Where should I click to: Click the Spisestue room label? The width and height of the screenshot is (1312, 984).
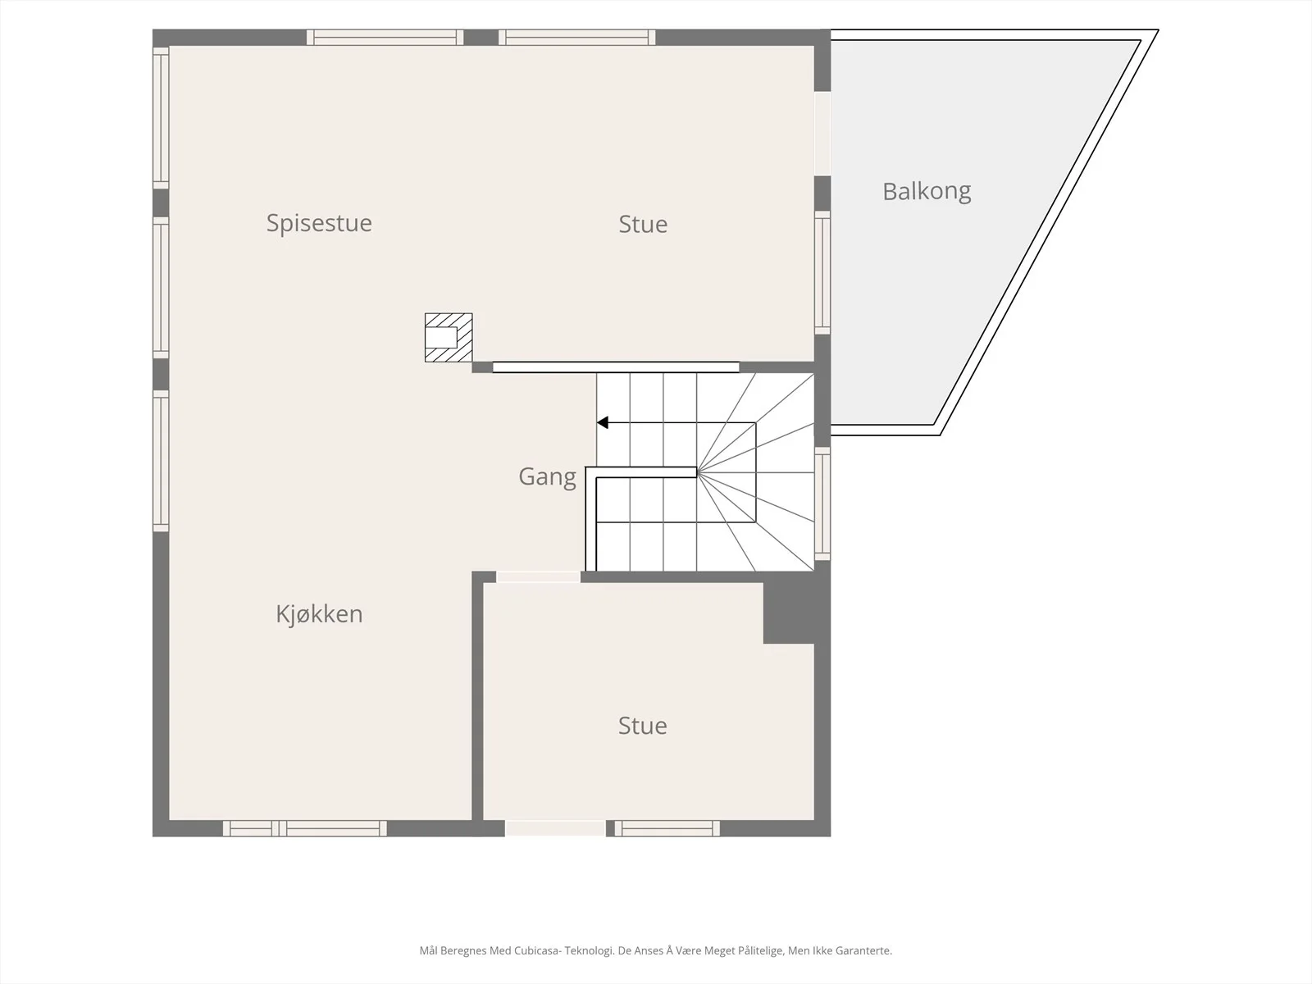pos(319,223)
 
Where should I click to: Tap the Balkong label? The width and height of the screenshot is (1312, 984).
pos(927,192)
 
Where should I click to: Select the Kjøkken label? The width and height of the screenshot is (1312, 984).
pos(319,614)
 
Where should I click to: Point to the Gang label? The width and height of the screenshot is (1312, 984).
pos(547,477)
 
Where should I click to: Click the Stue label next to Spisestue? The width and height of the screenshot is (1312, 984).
pos(643,224)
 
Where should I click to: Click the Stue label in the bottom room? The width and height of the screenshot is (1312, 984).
pos(642,726)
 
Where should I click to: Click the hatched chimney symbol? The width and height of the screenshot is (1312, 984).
pos(449,338)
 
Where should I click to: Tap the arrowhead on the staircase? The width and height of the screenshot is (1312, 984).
pos(603,423)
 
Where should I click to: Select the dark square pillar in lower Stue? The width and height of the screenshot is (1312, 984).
pos(789,613)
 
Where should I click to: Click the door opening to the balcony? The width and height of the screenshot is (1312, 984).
pos(822,133)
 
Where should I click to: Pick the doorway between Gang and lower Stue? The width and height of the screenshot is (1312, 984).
pos(538,576)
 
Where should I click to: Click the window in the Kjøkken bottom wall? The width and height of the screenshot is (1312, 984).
pos(305,828)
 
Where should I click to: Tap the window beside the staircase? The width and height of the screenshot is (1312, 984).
pos(822,503)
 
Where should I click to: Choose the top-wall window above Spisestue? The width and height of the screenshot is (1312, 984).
pos(385,37)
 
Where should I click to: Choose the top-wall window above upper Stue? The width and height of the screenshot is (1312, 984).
pos(576,37)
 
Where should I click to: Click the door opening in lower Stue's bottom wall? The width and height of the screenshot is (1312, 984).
pos(555,828)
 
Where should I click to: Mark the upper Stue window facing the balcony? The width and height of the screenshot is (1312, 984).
pos(822,272)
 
